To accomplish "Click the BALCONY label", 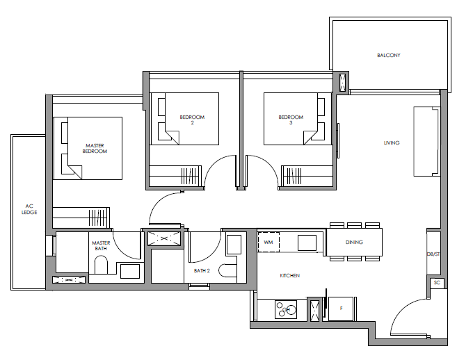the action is [389, 56].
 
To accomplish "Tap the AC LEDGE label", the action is [29, 209].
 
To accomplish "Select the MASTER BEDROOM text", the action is [95, 148].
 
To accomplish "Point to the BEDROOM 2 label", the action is [192, 120].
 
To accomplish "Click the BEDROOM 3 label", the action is [291, 120].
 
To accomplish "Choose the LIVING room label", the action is [392, 143].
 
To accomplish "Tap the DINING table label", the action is [354, 242].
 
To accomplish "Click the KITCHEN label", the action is [289, 276].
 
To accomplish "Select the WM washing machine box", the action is [268, 242].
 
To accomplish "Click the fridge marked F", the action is [341, 309].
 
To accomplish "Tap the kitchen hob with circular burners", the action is [286, 309].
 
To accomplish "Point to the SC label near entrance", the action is [437, 283].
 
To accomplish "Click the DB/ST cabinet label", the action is [433, 254].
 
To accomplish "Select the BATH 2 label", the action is [202, 271].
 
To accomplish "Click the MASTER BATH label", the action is [101, 245].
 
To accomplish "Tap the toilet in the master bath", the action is [101, 265].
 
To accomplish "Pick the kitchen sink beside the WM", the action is [307, 243].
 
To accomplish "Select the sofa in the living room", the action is [426, 141].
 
